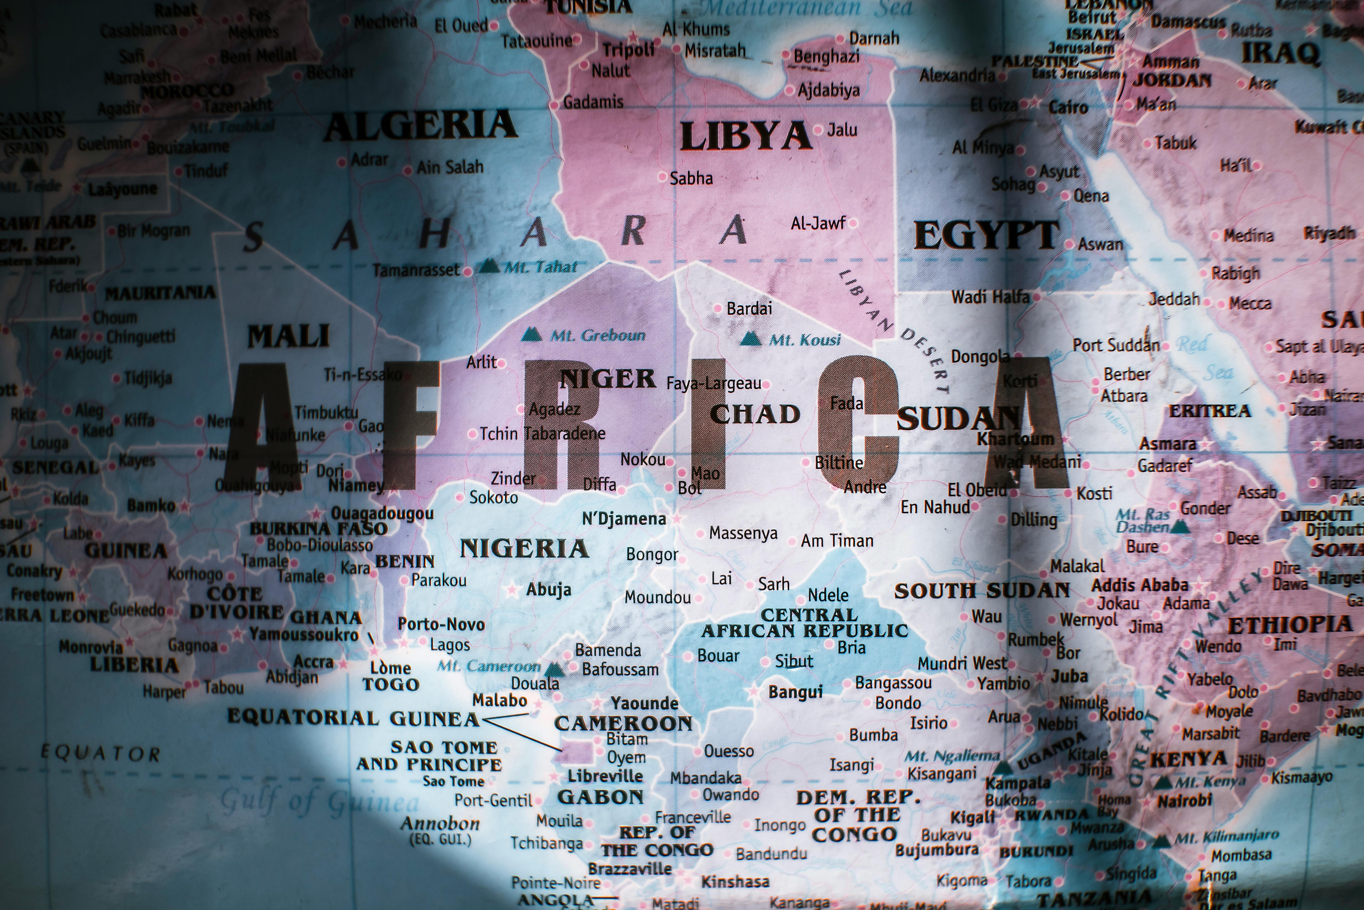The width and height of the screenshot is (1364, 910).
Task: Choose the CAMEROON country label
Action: tap(623, 723)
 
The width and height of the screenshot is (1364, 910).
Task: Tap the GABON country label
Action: tap(600, 797)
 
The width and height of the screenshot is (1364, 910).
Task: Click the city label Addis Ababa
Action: tap(1140, 585)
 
